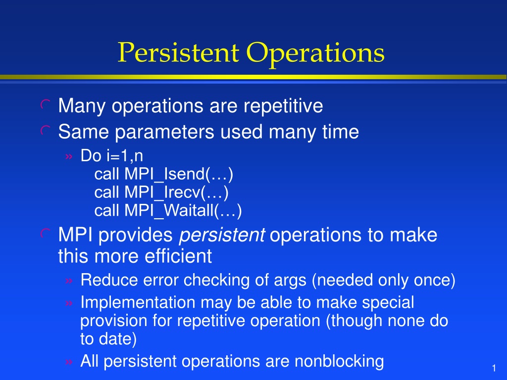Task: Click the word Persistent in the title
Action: pyautogui.click(x=178, y=52)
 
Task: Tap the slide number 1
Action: pyautogui.click(x=494, y=368)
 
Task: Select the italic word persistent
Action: pyautogui.click(x=222, y=235)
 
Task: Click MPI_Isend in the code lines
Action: pyautogui.click(x=164, y=174)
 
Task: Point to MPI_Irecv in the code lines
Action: pyautogui.click(x=162, y=192)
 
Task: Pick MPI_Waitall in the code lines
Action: pyautogui.click(x=169, y=211)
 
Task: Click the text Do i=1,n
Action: pyautogui.click(x=111, y=156)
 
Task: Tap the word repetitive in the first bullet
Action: pyautogui.click(x=283, y=106)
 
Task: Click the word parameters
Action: pyautogui.click(x=164, y=132)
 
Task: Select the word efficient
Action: pyautogui.click(x=178, y=256)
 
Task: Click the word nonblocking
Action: pyautogui.click(x=339, y=361)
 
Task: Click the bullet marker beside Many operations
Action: pyautogui.click(x=45, y=104)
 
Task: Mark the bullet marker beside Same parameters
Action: pyautogui.click(x=45, y=131)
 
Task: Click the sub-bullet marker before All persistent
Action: pyautogui.click(x=69, y=362)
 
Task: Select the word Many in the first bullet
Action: pyautogui.click(x=82, y=106)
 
